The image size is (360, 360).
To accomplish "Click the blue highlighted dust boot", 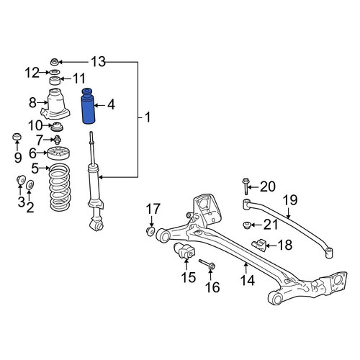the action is pyautogui.click(x=89, y=107).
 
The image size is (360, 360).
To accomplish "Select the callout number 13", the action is pyautogui.click(x=98, y=62).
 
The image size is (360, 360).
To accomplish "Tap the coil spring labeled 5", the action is pyautogui.click(x=60, y=187).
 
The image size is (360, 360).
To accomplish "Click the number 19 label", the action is pyautogui.click(x=290, y=200).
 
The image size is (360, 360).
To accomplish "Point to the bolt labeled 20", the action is pyautogui.click(x=246, y=186).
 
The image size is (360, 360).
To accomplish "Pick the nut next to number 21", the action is pyautogui.click(x=247, y=225).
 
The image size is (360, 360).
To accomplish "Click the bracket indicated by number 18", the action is pyautogui.click(x=259, y=245).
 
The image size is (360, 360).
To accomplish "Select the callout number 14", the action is pyautogui.click(x=247, y=281).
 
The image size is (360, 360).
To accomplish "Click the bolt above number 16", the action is pyautogui.click(x=207, y=264).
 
